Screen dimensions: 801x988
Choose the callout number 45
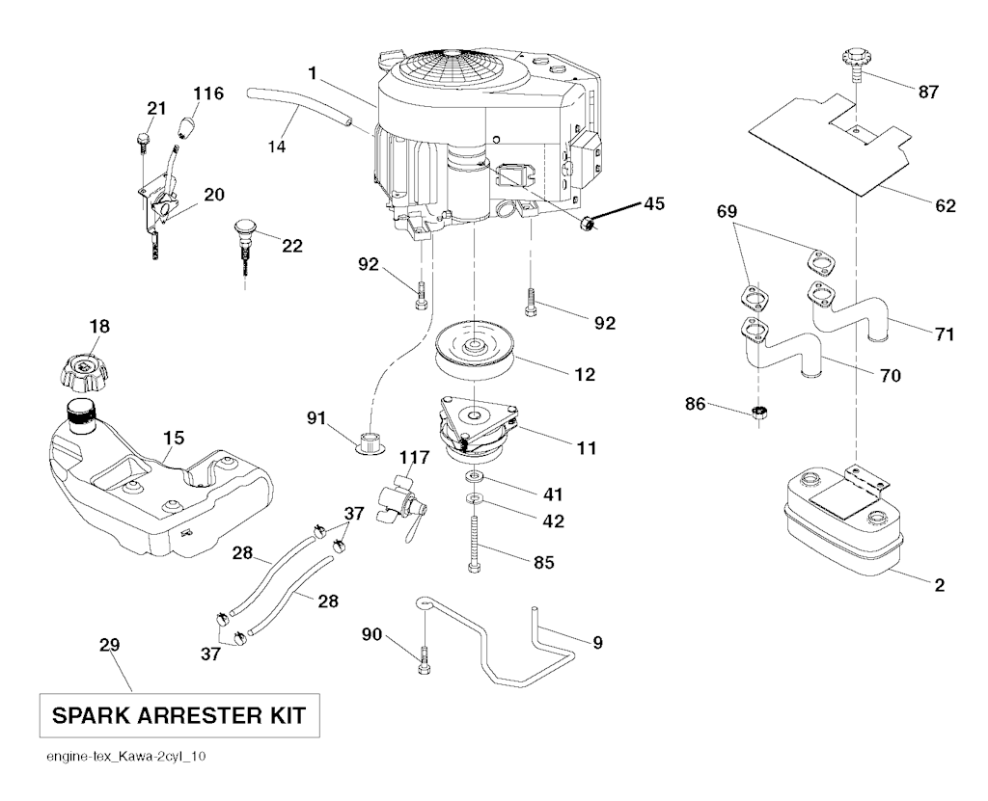pyautogui.click(x=655, y=203)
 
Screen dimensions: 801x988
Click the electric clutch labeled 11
pyautogui.click(x=475, y=429)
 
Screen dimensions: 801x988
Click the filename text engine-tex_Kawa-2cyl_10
pyautogui.click(x=124, y=757)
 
